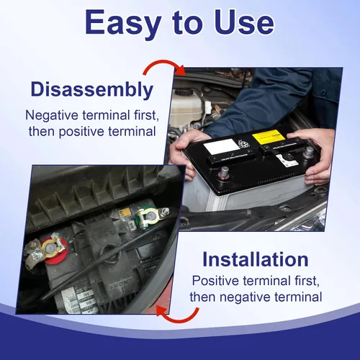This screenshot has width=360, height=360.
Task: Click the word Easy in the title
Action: tap(123, 23)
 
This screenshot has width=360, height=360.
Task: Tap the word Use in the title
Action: tap(244, 22)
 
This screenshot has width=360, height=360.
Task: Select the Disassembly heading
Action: tap(92, 90)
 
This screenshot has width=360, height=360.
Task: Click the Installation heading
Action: tap(256, 259)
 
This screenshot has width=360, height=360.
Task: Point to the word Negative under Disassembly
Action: tap(52, 115)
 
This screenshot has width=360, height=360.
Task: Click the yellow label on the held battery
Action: tap(269, 136)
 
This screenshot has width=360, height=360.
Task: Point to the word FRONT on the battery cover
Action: tap(121, 283)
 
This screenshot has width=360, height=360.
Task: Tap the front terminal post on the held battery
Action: tap(224, 172)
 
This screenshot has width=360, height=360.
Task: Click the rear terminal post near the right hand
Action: tap(308, 153)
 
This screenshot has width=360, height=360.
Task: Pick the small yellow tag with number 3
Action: tap(125, 212)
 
